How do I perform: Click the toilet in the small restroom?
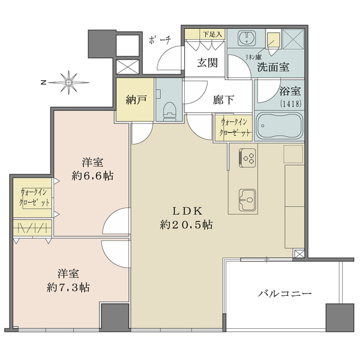(169, 111)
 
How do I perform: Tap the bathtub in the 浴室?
(279, 126)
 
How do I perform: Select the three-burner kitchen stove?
(247, 158)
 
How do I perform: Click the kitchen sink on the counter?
(247, 200)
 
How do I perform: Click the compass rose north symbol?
(68, 82)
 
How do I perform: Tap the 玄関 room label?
(208, 62)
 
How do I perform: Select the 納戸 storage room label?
(136, 100)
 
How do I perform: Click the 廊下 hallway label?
(223, 100)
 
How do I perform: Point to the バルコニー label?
(285, 293)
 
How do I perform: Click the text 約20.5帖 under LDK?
(186, 225)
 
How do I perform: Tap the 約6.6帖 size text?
(92, 176)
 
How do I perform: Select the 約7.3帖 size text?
(68, 287)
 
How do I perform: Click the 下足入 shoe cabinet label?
(212, 34)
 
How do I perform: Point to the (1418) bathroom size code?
(290, 104)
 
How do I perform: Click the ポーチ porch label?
(160, 40)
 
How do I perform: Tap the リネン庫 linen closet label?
(253, 57)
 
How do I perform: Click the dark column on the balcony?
(340, 318)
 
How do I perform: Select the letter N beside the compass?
(43, 82)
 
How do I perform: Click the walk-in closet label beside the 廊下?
(234, 128)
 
